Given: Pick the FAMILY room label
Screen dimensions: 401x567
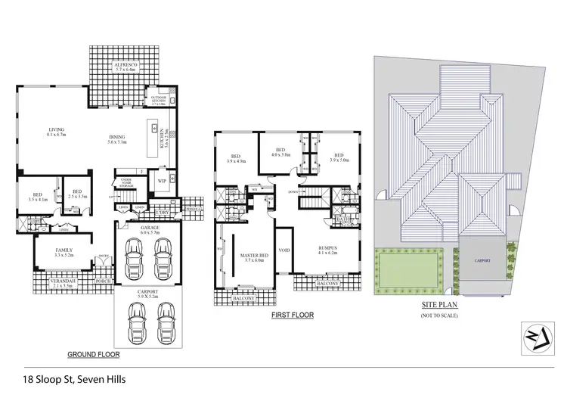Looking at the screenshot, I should [64, 253].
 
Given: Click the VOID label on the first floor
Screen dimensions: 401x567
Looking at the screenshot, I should [284, 250].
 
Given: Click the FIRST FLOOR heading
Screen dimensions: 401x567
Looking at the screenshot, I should [293, 316].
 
